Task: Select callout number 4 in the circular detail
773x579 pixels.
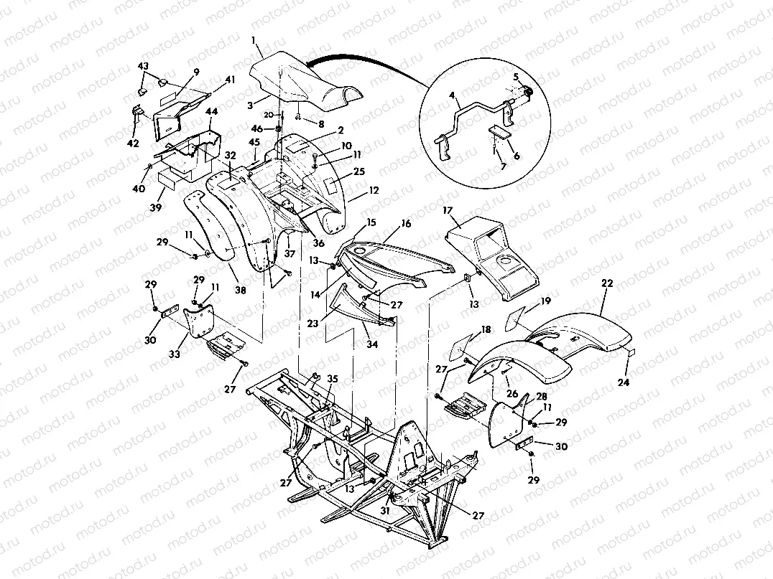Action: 452,95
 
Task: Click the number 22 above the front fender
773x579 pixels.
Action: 607,285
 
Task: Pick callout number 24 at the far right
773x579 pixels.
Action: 624,382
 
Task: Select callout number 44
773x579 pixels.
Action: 212,111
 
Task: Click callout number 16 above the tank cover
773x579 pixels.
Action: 406,224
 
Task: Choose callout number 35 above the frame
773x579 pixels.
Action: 332,378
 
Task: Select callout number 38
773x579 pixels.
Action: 239,291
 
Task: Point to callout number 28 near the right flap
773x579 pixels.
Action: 542,395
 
